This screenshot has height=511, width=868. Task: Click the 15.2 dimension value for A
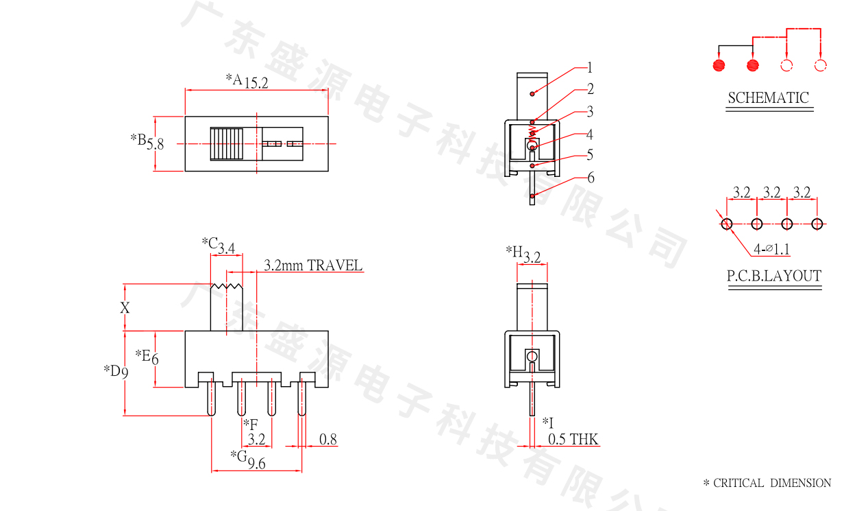point(256,83)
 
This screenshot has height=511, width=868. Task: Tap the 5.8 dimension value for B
point(156,144)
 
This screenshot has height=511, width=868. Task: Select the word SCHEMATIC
point(768,98)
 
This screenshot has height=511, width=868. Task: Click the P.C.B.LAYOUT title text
point(773,276)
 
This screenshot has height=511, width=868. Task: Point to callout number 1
point(589,68)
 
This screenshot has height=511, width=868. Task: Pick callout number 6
point(590,178)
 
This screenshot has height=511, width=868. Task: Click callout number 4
point(589,134)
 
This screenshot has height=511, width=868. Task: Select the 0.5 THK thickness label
point(573,439)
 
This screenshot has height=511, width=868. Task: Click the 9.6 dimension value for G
point(257,464)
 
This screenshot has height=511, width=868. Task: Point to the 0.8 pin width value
point(328,440)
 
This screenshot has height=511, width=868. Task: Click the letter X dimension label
point(125,308)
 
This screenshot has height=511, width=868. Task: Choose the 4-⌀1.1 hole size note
point(771,250)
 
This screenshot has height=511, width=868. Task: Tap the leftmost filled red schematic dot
point(719,66)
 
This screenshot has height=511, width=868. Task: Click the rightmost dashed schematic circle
point(820,66)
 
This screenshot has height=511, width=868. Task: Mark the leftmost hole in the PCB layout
point(727,224)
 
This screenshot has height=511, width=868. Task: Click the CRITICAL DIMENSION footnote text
point(771,483)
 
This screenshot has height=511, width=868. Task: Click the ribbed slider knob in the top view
point(227,143)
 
